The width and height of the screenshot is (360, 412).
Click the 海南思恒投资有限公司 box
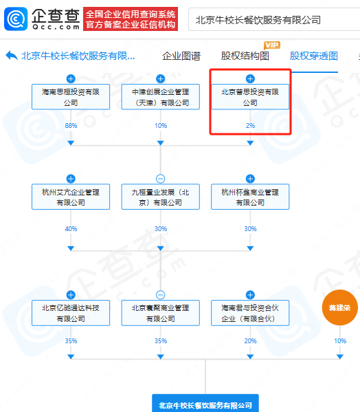pyautogui.click(x=71, y=97)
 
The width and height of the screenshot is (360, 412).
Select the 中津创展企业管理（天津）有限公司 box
pyautogui.click(x=160, y=97)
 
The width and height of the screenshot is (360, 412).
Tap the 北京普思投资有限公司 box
pyautogui.click(x=250, y=97)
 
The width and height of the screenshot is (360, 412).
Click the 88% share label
pyautogui.click(x=71, y=126)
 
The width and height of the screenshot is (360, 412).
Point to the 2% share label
pyautogui.click(x=250, y=126)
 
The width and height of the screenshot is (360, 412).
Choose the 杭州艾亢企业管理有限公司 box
pyautogui.click(x=71, y=197)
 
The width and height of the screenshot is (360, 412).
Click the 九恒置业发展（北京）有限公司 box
pyautogui.click(x=160, y=197)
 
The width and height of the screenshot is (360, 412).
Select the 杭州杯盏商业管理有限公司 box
pyautogui.click(x=250, y=197)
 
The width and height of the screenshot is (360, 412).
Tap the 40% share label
pyautogui.click(x=71, y=229)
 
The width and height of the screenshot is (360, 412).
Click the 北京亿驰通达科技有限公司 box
pyautogui.click(x=71, y=313)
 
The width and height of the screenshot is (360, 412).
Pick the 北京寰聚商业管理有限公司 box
pyautogui.click(x=160, y=313)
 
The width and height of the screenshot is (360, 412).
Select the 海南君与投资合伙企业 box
pyautogui.click(x=250, y=313)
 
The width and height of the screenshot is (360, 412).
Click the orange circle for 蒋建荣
pyautogui.click(x=340, y=307)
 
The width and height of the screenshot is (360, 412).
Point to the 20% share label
pyautogui.click(x=250, y=340)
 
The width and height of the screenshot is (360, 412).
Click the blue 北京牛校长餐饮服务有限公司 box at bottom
pyautogui.click(x=205, y=404)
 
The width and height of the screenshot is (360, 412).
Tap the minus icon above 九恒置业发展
pyautogui.click(x=160, y=179)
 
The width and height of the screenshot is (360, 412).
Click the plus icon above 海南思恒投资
pyautogui.click(x=71, y=78)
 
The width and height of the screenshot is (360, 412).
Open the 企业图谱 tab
pyautogui.click(x=181, y=56)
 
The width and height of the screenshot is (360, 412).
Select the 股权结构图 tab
pyautogui.click(x=245, y=56)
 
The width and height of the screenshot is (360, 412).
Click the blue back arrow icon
pyautogui.click(x=12, y=56)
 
